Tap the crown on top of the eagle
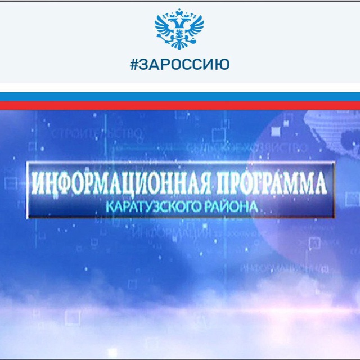point(179,12)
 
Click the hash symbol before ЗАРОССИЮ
point(134,64)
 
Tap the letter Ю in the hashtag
point(223,64)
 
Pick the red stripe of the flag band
point(180,105)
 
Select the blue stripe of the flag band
point(180,97)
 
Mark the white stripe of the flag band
point(180,88)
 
